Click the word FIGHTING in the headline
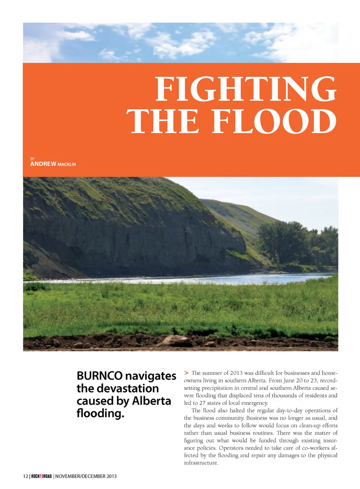[x=246, y=89]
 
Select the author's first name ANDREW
[x=43, y=164]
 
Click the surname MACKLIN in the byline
[x=66, y=164]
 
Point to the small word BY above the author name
[x=32, y=159]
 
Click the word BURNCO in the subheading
[x=99, y=376]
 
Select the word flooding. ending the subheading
[x=100, y=413]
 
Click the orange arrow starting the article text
[x=186, y=373]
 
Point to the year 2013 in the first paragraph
[x=236, y=373]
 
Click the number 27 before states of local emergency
[x=202, y=403]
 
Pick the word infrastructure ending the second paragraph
[x=201, y=463]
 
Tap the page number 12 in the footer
[x=25, y=476]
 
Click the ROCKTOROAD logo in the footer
[x=41, y=476]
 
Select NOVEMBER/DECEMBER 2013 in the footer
[x=86, y=476]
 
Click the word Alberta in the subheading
[x=151, y=401]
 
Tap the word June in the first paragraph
[x=289, y=380]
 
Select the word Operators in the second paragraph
[x=232, y=448]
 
